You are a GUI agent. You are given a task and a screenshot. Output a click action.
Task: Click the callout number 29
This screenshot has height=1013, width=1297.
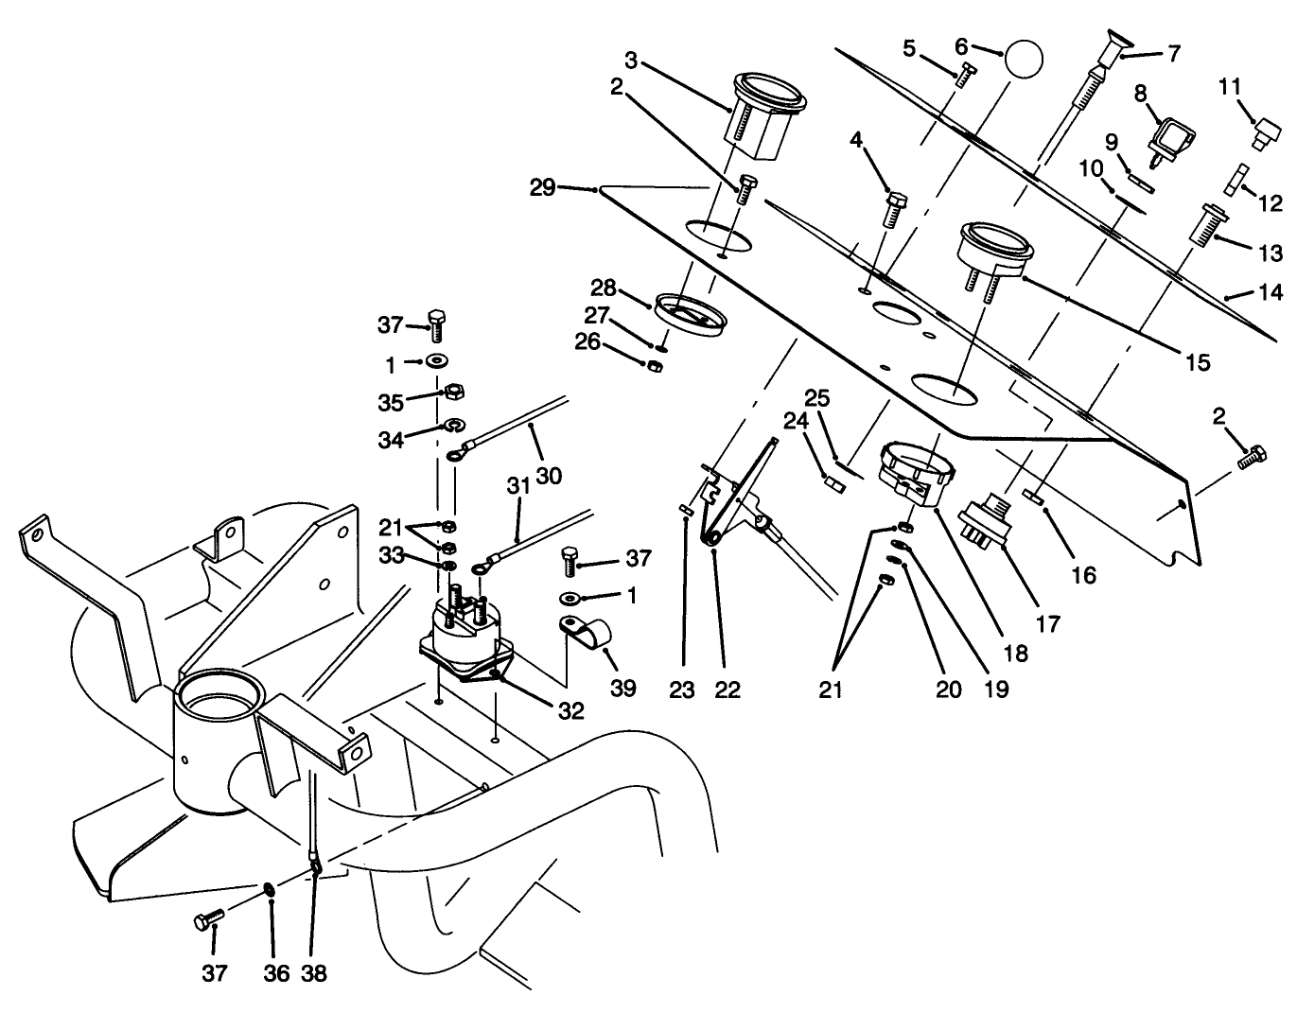click(x=542, y=187)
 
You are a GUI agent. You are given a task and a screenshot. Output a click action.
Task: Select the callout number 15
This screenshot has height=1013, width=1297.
click(x=1198, y=363)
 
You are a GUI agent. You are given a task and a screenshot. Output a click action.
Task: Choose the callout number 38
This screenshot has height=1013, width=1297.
click(x=314, y=972)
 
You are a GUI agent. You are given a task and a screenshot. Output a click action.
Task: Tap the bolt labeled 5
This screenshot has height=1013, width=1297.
click(x=964, y=76)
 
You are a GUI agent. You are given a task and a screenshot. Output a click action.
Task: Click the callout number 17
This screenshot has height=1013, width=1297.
click(x=1047, y=624)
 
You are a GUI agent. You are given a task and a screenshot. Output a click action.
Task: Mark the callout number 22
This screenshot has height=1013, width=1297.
click(x=727, y=690)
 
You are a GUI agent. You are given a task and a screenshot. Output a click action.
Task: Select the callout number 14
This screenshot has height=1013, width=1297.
click(x=1271, y=292)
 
